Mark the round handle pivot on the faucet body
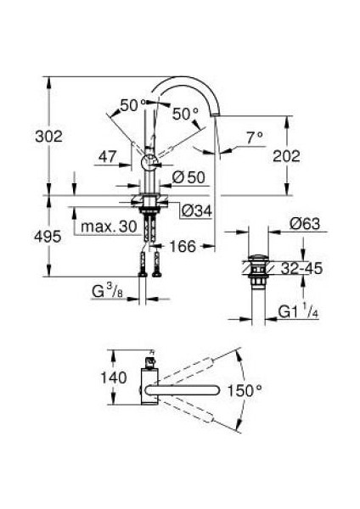tap(147, 162)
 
